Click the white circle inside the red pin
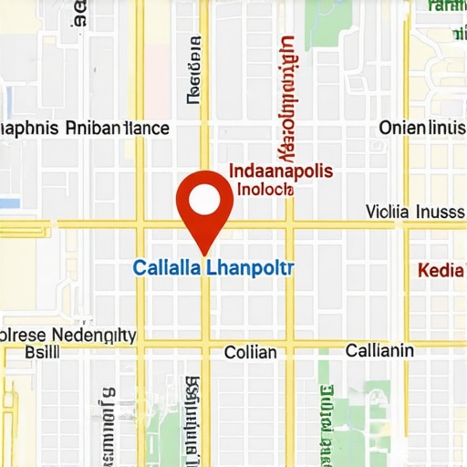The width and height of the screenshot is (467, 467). point(204,198)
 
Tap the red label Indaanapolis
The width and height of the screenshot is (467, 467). point(280,171)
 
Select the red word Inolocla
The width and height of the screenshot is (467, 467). point(264,189)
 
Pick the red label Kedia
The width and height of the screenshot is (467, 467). point(435,270)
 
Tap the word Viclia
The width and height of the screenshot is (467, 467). point(387,212)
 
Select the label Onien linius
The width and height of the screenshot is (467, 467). point(420,128)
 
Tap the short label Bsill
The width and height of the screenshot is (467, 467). point(42,352)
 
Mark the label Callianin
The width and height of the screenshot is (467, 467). point(379,351)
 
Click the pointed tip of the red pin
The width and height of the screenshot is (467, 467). point(204,253)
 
